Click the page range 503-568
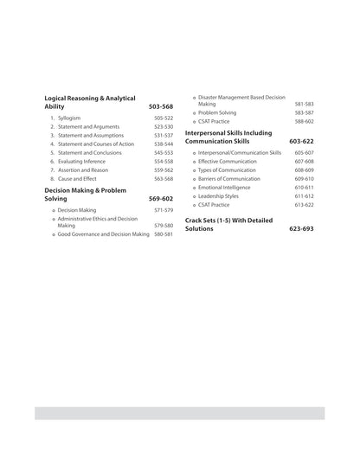coord(161,106)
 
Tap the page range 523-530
coord(164,126)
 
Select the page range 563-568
coord(164,179)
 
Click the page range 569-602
coord(161,198)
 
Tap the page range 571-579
coord(164,210)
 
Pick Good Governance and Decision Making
coord(104,233)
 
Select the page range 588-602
coord(304,122)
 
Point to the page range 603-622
coord(302,140)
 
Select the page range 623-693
coord(302,228)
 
